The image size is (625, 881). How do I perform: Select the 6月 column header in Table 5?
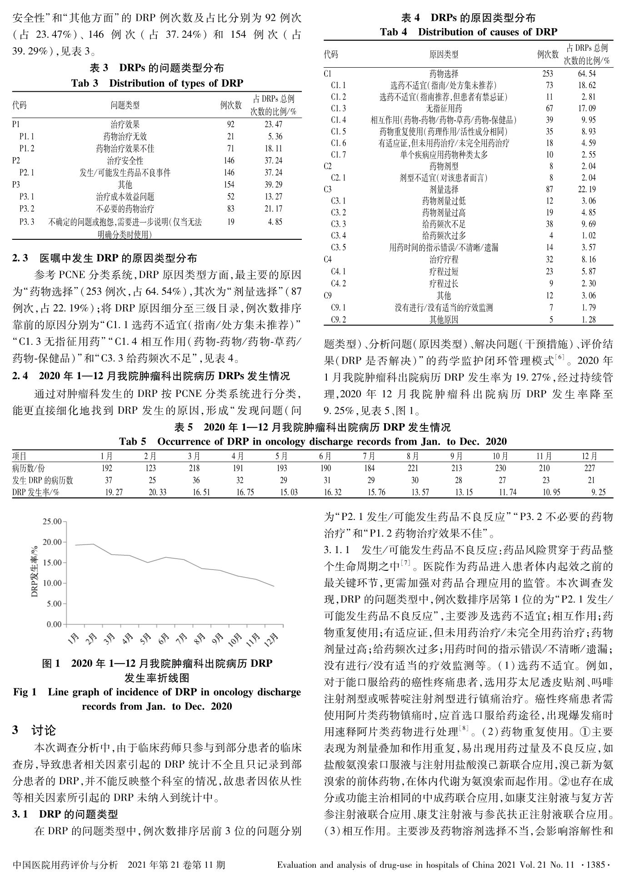pyautogui.click(x=325, y=456)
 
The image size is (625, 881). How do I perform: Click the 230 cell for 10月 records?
pyautogui.click(x=500, y=468)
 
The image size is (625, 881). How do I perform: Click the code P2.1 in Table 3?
pyautogui.click(x=27, y=173)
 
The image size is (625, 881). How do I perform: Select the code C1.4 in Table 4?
pyautogui.click(x=338, y=120)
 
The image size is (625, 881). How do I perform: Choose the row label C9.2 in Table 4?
pyautogui.click(x=338, y=319)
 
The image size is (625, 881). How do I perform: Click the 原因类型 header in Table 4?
pyautogui.click(x=444, y=55)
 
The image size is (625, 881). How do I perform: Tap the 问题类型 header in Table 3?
pyautogui.click(x=125, y=105)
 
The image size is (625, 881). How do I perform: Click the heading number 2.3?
pyautogui.click(x=20, y=259)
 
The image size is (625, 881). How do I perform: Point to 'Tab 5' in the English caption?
pyautogui.click(x=132, y=441)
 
